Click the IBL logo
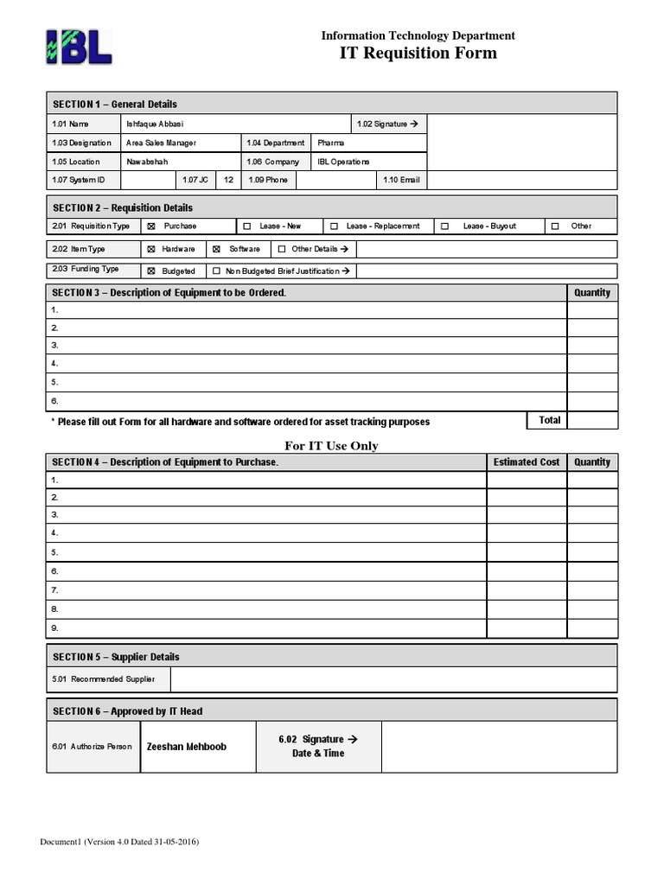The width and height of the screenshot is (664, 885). click(x=79, y=47)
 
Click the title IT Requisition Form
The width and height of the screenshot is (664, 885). click(x=418, y=54)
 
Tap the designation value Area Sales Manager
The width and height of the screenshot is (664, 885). click(x=161, y=143)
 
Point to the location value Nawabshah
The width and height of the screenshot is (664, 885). click(x=147, y=162)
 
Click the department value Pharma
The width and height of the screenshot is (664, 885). click(x=330, y=143)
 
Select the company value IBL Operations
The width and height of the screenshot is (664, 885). click(x=343, y=162)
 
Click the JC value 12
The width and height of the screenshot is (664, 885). click(x=228, y=180)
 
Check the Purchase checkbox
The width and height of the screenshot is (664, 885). click(x=151, y=226)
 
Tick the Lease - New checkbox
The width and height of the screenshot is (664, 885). click(x=247, y=226)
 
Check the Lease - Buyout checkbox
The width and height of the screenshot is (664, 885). click(x=444, y=226)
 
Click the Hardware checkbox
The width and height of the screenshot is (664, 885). click(x=151, y=249)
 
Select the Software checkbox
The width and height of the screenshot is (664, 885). click(x=217, y=249)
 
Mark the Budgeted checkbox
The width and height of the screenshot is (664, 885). click(x=151, y=271)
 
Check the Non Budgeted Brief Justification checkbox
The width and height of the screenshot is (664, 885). click(x=216, y=271)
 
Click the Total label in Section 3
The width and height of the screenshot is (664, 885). click(x=549, y=420)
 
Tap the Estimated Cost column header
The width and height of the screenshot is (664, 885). click(x=526, y=462)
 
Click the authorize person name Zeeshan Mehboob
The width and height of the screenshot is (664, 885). click(x=187, y=747)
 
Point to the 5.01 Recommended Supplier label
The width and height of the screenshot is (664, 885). click(x=104, y=679)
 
